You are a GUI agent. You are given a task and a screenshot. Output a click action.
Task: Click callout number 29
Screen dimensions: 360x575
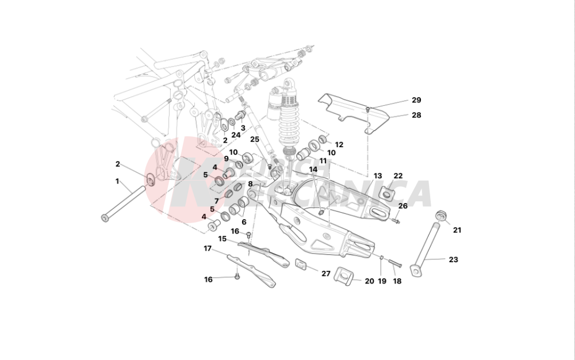coord(416,100)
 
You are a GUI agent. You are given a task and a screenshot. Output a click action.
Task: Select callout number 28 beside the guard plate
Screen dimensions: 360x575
coord(416,115)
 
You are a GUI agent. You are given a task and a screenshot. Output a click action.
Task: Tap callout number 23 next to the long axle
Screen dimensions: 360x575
coord(453,259)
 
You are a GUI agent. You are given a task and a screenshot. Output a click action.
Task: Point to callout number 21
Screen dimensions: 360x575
coord(457,230)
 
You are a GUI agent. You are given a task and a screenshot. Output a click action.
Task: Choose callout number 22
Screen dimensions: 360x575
coord(398,176)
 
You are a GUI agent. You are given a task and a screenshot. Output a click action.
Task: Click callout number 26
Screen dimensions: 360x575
coord(403,206)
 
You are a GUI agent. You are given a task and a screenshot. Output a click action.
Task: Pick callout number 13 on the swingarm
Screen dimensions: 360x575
coord(378,176)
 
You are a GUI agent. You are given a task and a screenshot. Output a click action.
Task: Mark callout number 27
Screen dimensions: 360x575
coord(326,274)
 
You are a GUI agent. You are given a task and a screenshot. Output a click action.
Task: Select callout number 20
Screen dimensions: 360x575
coord(369,281)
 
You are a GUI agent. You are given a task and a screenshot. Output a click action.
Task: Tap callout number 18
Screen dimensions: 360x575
coord(397,281)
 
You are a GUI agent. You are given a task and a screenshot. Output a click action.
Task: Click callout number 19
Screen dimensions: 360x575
coord(382,281)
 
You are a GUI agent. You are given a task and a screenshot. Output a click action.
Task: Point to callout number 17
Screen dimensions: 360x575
coord(208,248)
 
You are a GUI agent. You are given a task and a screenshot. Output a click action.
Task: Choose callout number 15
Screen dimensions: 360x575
coord(222,238)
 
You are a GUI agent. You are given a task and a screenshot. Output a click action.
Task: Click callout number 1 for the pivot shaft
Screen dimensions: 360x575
coord(117,181)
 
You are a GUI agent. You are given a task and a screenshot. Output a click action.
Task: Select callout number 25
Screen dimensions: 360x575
coord(255,139)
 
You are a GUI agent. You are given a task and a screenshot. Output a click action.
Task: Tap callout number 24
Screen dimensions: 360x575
coord(236,135)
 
